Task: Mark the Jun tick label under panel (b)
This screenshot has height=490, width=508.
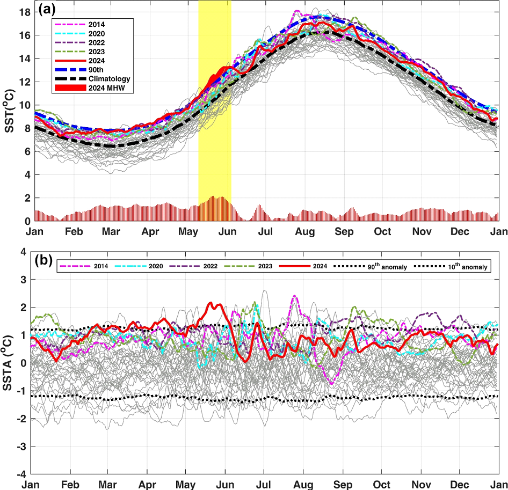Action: click(225, 485)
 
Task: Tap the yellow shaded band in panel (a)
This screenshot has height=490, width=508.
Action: click(215, 134)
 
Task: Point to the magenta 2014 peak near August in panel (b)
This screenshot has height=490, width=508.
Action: click(294, 296)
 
